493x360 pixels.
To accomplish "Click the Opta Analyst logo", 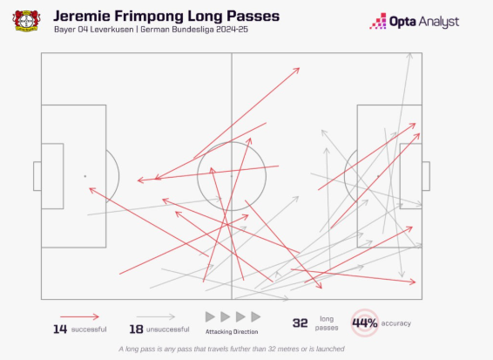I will pos(414,21).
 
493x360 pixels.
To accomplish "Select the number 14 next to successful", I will pos(61,328).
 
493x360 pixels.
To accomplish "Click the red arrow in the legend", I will pos(79,316).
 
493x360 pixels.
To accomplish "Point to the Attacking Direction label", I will pos(232,332).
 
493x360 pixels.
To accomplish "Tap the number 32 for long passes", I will pos(301,323).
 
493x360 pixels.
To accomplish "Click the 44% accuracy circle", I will pos(364,323).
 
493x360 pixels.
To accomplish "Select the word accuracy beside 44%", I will pos(395,323).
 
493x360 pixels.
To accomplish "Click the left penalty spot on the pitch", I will pos(84,176).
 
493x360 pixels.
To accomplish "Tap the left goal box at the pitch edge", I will pos(37,176).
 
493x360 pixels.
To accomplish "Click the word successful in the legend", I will pos(89,329).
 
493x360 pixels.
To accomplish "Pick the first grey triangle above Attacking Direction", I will pos(209,316).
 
